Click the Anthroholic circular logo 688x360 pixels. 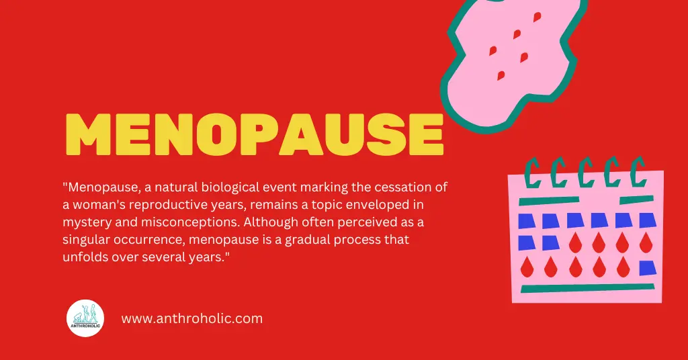point(85,318)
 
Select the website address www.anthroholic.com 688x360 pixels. point(191,318)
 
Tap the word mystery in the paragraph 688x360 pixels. point(84,222)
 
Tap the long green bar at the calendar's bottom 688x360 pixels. point(578,289)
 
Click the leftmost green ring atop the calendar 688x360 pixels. point(533,173)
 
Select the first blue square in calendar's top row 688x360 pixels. point(526,220)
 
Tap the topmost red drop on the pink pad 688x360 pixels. point(536,17)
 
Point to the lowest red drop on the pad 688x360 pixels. point(501,75)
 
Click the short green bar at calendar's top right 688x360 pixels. point(636,199)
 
